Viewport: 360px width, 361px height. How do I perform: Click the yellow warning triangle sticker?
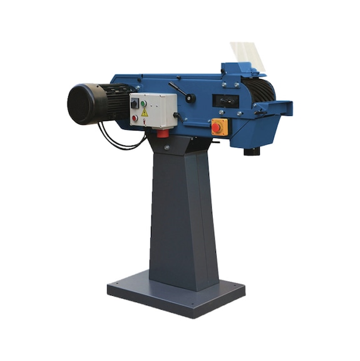click(144, 113)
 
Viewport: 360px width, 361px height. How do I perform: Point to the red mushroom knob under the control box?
click(162, 132)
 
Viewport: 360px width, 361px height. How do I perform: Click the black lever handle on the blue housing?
click(183, 92)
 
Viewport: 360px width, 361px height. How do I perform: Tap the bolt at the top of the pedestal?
click(167, 147)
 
